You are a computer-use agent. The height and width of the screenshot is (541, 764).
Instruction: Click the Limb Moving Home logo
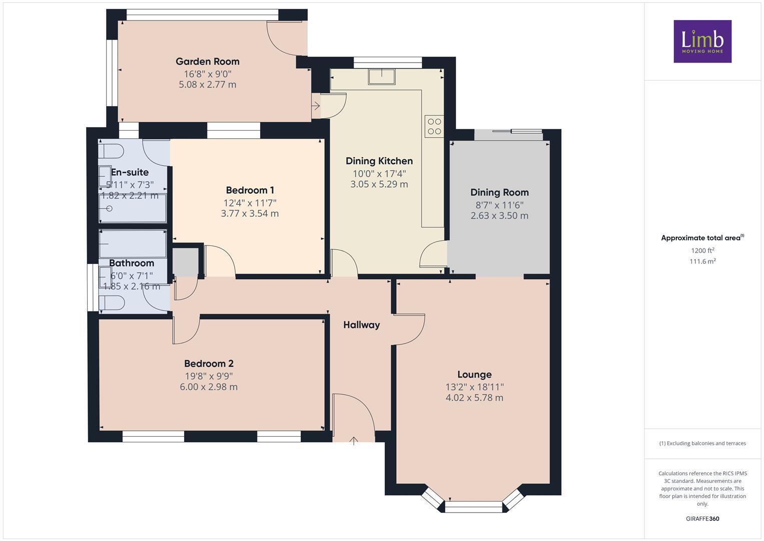click(702, 41)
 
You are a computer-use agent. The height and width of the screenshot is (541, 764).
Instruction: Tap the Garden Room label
click(207, 62)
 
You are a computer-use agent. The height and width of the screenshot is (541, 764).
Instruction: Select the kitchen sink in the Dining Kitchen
click(381, 77)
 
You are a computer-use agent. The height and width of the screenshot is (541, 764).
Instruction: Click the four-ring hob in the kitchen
click(434, 126)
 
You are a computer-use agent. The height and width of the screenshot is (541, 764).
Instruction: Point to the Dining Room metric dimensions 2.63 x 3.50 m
click(499, 216)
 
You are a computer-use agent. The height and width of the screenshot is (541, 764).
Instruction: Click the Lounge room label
click(474, 375)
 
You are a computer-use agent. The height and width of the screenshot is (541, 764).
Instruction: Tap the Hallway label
click(361, 325)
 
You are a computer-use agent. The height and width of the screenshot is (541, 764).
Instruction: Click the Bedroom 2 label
click(209, 364)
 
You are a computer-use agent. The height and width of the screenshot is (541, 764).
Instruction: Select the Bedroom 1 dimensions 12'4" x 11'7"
click(250, 203)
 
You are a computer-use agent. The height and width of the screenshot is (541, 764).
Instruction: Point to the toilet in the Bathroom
click(112, 303)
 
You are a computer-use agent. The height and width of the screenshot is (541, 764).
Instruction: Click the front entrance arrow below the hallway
click(354, 441)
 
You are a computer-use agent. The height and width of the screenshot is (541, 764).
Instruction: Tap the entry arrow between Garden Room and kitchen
click(316, 106)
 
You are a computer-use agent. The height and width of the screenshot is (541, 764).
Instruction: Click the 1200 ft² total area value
click(702, 250)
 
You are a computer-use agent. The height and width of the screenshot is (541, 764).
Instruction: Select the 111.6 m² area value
click(702, 261)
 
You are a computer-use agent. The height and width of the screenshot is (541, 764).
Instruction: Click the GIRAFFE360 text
click(702, 518)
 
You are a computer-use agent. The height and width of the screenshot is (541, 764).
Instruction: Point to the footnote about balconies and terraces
click(702, 443)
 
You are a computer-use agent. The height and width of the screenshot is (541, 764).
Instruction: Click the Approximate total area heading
click(702, 238)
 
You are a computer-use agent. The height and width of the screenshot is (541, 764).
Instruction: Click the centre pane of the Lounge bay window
click(473, 507)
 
